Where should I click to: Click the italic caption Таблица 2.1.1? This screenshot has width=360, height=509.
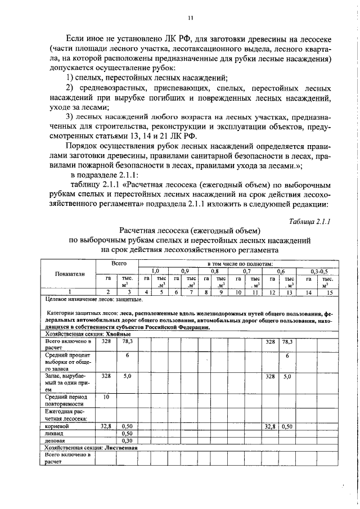coord(309,221)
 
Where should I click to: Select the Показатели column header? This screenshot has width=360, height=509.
coord(69,274)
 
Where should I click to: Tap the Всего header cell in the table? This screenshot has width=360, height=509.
coord(117,263)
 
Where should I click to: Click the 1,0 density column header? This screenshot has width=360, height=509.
coord(154,271)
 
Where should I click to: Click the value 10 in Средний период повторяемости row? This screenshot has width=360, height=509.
coord(105,397)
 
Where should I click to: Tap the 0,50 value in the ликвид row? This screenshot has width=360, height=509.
coord(128,434)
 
